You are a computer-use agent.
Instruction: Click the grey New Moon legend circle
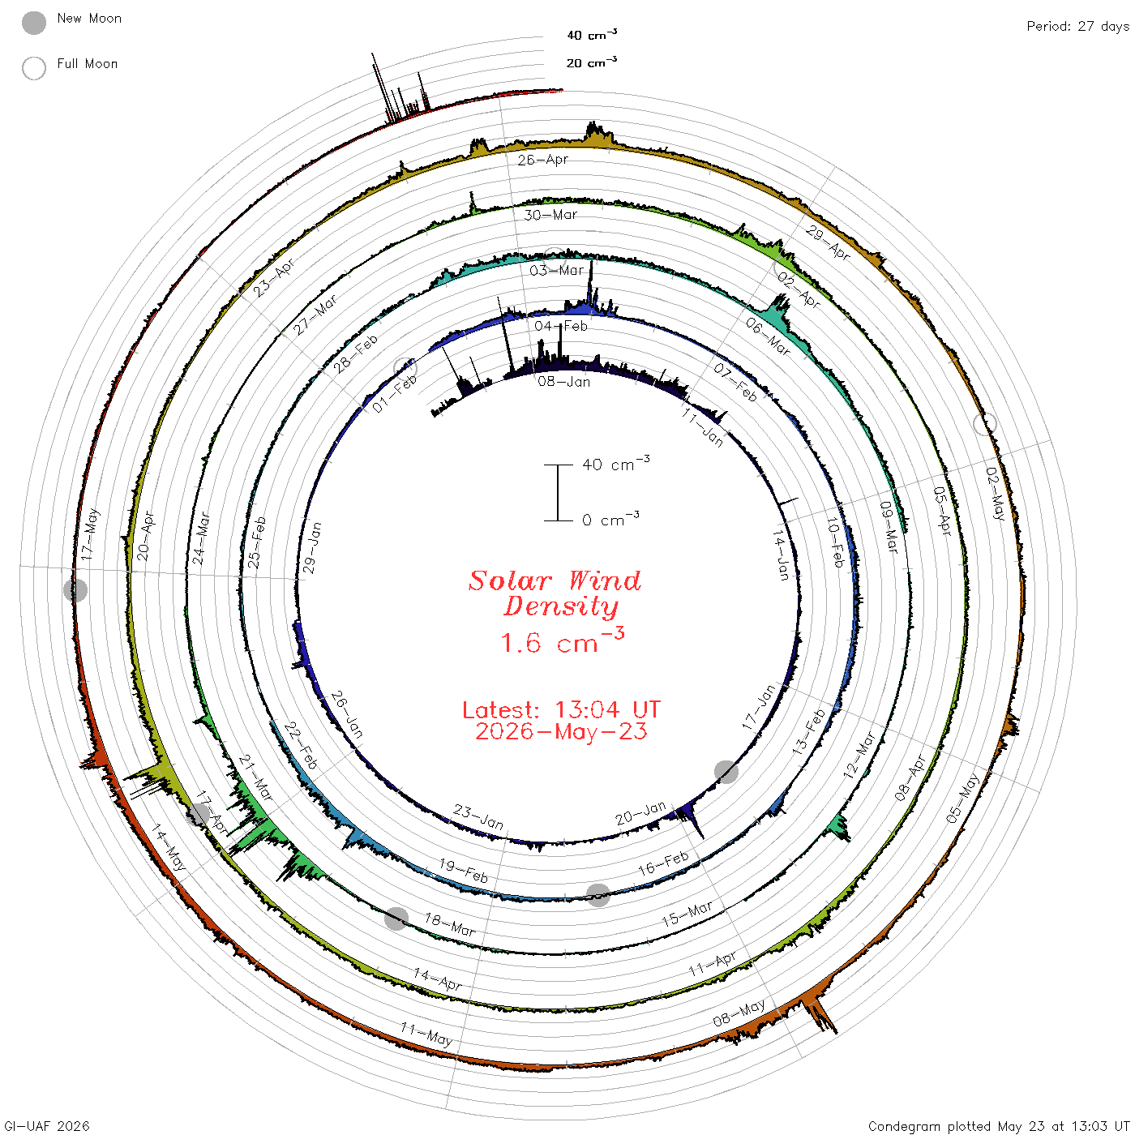click(x=33, y=23)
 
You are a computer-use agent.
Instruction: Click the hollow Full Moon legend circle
click(x=33, y=68)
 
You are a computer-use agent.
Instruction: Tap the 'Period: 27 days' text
click(x=1077, y=27)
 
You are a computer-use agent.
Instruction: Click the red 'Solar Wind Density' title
click(x=555, y=593)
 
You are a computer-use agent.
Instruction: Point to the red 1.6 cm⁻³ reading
click(x=562, y=641)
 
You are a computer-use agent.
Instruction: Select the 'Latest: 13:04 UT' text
click(x=561, y=709)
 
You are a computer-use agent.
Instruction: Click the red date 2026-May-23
click(x=561, y=731)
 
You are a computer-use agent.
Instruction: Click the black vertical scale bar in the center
click(x=558, y=492)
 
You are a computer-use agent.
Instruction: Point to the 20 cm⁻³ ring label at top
click(x=591, y=62)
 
